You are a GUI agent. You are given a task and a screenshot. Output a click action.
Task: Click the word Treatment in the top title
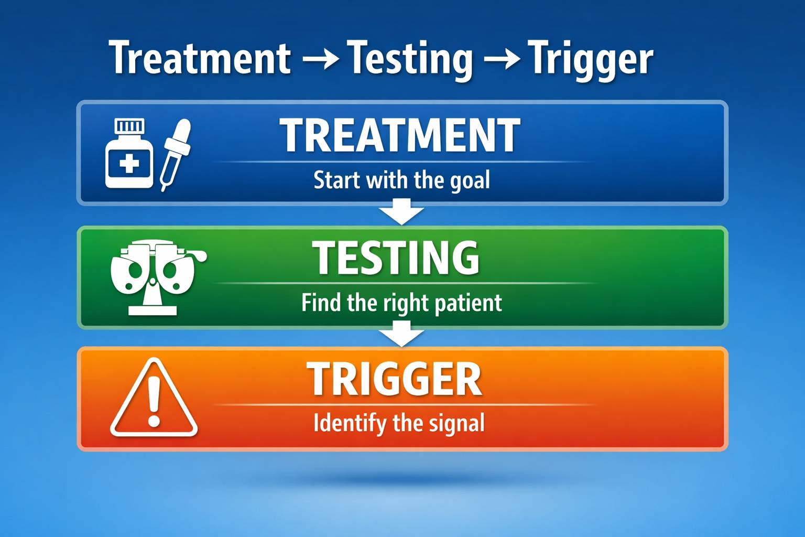[x=200, y=58]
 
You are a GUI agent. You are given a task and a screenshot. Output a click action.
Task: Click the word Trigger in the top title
[x=590, y=59]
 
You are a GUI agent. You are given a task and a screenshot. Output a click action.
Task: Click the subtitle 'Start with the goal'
[x=402, y=180]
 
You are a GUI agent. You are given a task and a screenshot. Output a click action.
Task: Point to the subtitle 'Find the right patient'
[x=401, y=303]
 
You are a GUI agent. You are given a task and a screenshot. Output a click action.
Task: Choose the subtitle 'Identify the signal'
[x=399, y=424]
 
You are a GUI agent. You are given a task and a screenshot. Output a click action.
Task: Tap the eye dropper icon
[x=176, y=155]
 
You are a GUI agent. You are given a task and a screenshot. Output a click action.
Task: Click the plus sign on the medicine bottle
[x=129, y=164]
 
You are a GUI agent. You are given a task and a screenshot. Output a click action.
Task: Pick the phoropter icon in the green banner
[x=158, y=277]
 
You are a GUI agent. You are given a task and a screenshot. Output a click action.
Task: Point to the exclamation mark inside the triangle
[x=154, y=402]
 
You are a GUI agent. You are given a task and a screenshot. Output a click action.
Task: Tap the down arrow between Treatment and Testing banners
[x=401, y=211]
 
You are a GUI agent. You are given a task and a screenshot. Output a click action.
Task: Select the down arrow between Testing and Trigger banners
[x=401, y=334]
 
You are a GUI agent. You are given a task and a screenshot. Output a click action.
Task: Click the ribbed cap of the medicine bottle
[x=129, y=126]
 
